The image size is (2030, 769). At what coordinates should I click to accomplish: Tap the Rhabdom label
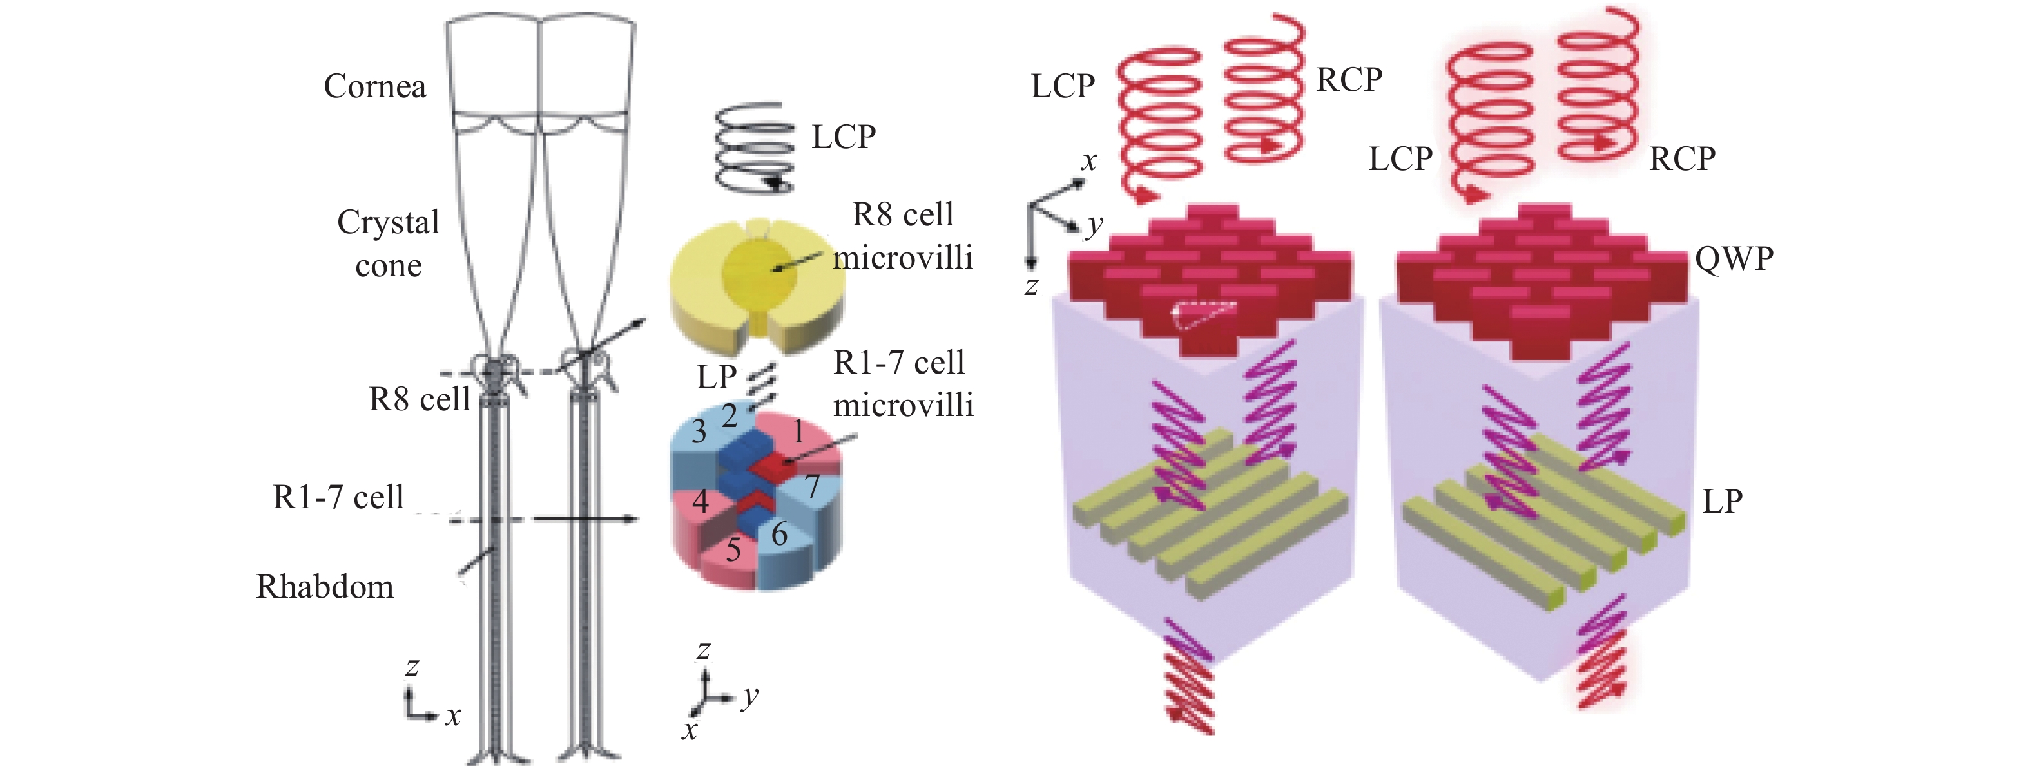tap(325, 587)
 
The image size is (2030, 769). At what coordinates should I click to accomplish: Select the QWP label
tap(1734, 258)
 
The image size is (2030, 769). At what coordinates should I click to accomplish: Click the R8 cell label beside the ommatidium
tap(420, 399)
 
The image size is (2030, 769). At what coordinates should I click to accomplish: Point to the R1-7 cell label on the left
tap(338, 497)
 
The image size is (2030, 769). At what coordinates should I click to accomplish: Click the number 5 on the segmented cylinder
tap(733, 549)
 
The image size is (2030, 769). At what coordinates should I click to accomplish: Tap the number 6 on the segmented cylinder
tap(779, 534)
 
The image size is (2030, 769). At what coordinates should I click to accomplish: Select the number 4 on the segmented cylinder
tap(701, 500)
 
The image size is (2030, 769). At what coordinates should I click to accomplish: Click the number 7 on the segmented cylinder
tap(813, 486)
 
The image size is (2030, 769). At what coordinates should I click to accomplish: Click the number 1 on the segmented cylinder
tap(799, 432)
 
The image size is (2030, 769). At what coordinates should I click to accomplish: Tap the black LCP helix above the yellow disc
tap(754, 147)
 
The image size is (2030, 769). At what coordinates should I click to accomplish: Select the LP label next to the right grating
tap(1723, 501)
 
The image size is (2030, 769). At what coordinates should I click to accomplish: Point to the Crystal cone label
tap(389, 243)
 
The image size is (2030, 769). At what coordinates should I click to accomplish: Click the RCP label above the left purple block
tap(1349, 80)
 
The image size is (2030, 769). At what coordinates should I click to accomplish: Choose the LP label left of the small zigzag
tap(717, 377)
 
